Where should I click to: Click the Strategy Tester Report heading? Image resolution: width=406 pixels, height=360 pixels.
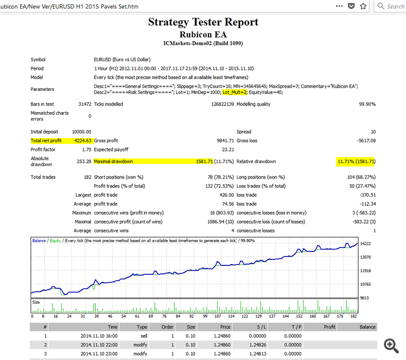203,22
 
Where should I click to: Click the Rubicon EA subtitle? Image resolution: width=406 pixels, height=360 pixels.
203,34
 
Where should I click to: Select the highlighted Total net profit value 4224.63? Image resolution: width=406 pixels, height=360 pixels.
81,141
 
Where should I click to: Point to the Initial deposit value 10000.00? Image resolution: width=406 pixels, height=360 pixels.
81,132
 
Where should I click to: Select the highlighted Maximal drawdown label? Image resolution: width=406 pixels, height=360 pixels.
113,161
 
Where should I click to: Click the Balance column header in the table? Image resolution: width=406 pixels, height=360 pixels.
367,327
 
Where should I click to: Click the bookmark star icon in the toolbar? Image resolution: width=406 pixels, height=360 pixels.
363,6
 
